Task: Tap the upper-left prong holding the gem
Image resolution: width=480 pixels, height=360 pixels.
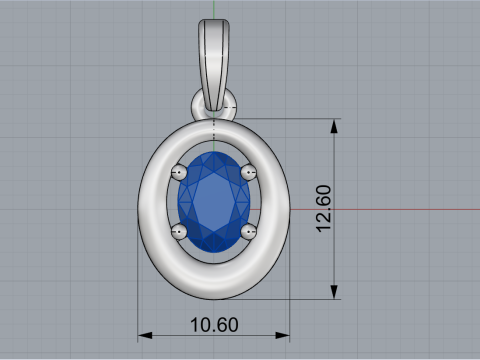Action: click(x=180, y=172)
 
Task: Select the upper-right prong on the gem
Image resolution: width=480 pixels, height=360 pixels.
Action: click(x=248, y=172)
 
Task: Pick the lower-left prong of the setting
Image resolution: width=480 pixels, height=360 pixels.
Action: click(x=180, y=232)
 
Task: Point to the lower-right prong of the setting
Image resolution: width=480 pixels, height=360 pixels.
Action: click(x=248, y=232)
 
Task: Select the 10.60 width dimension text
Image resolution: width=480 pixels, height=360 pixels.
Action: click(x=213, y=325)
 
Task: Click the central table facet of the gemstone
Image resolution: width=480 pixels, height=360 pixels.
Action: click(x=214, y=200)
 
